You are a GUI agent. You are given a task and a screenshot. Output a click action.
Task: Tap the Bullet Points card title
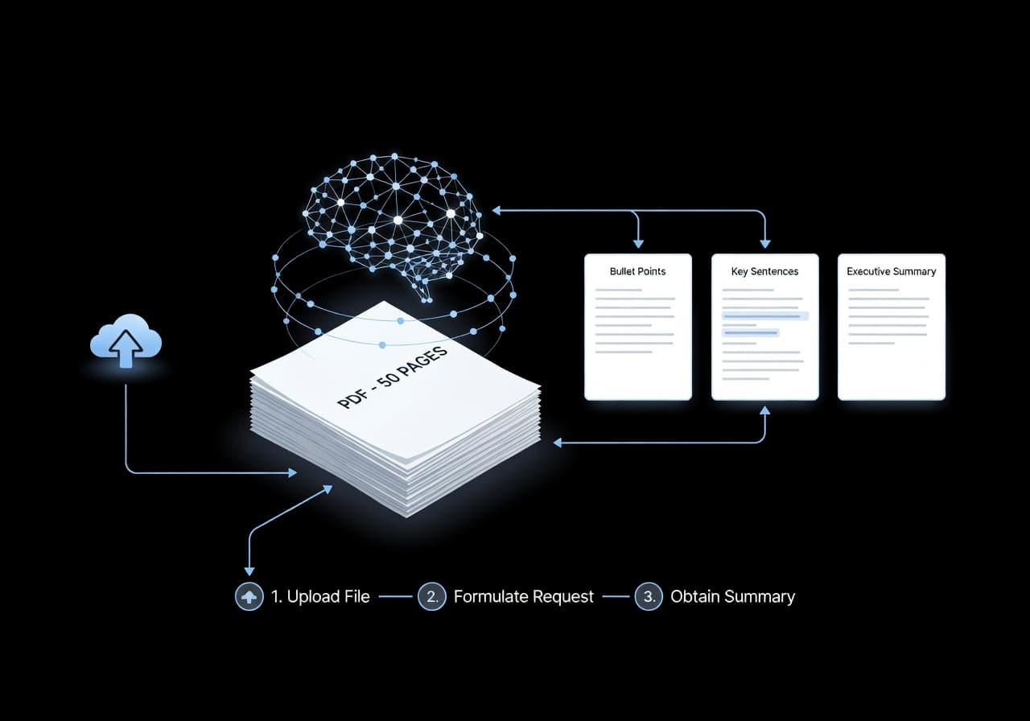pyautogui.click(x=637, y=271)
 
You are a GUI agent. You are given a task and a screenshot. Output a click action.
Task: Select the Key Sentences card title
pyautogui.click(x=764, y=271)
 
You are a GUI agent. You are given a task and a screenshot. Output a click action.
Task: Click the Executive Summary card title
pyautogui.click(x=891, y=271)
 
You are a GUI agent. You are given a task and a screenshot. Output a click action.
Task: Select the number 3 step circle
pyautogui.click(x=649, y=596)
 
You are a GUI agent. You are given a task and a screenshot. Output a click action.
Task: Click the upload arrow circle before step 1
pyautogui.click(x=249, y=596)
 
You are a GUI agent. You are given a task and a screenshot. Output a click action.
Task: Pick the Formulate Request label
pyautogui.click(x=523, y=596)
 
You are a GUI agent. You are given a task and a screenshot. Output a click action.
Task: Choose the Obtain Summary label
pyautogui.click(x=732, y=596)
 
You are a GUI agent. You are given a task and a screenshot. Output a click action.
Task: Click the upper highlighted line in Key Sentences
pyautogui.click(x=764, y=316)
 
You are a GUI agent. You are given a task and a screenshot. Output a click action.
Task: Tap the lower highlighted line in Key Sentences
pyautogui.click(x=751, y=332)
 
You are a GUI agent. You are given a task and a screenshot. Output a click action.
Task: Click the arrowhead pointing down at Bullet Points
pyautogui.click(x=638, y=242)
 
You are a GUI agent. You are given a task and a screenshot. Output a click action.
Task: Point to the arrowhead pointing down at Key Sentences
pyautogui.click(x=764, y=242)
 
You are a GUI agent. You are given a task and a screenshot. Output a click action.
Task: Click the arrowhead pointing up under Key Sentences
pyautogui.click(x=764, y=411)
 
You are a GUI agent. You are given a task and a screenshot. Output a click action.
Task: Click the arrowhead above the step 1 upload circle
pyautogui.click(x=249, y=571)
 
